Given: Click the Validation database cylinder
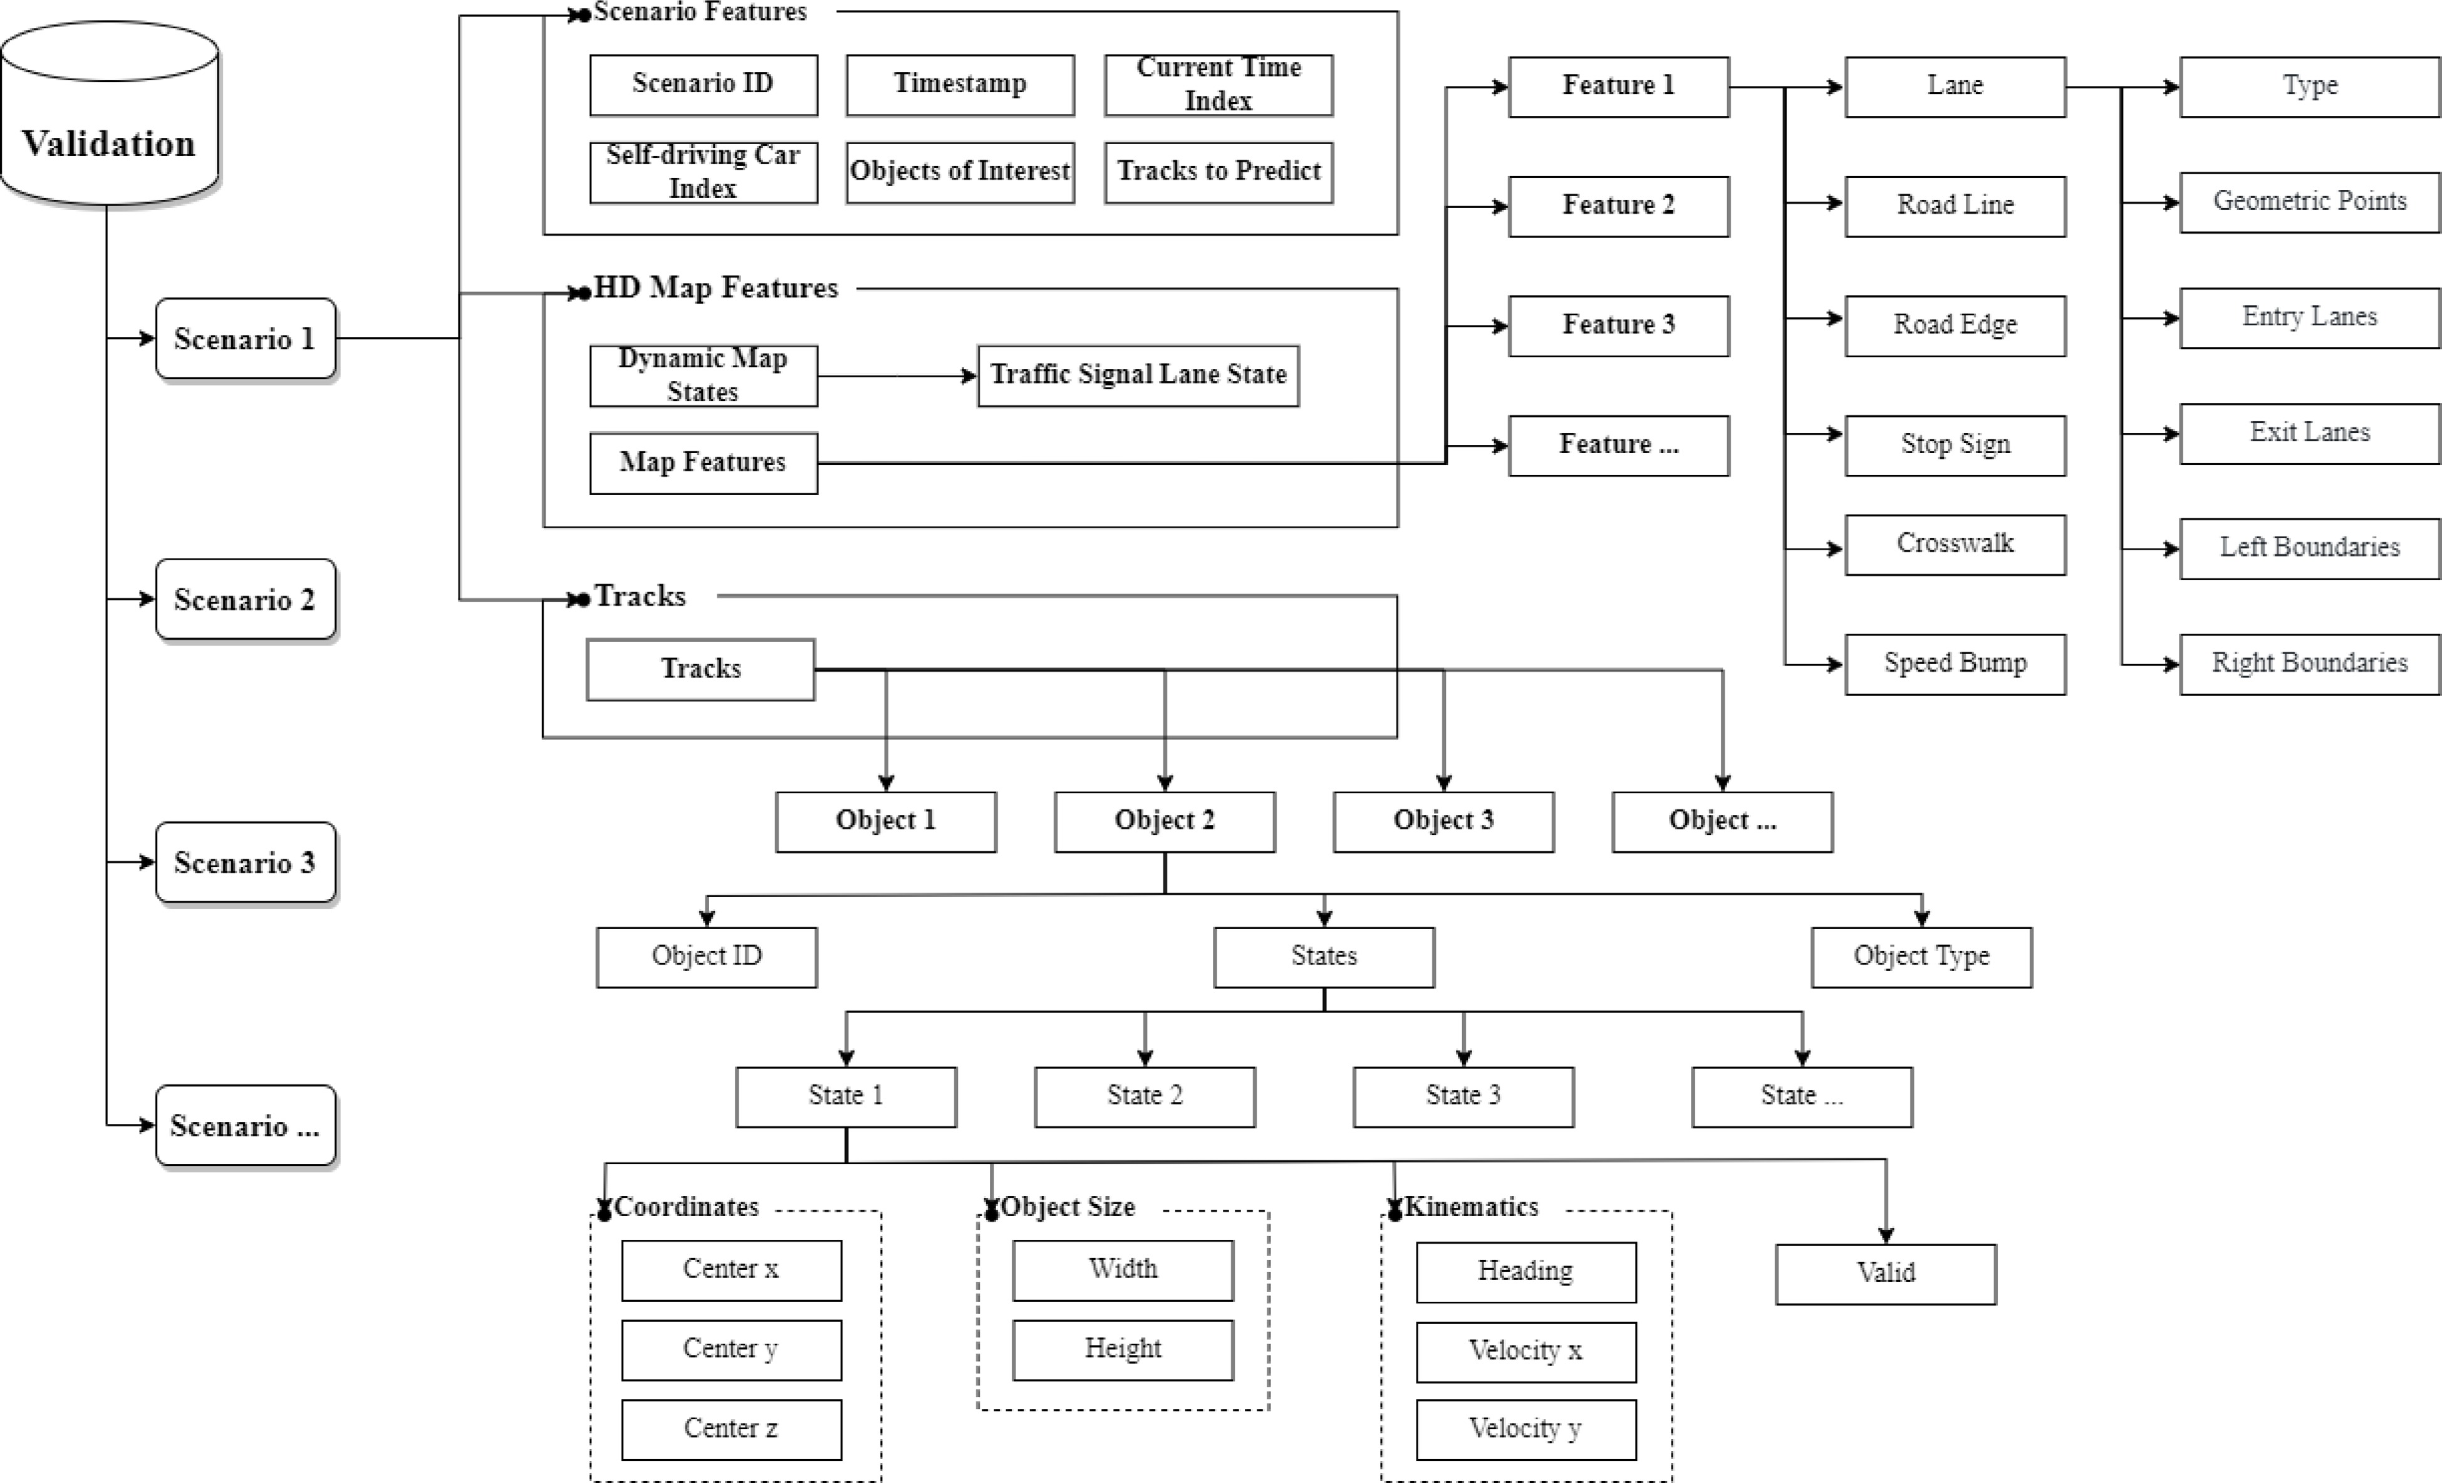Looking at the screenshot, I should [x=109, y=114].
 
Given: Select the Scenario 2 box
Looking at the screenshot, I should [x=245, y=600].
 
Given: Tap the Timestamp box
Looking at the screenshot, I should [x=959, y=84].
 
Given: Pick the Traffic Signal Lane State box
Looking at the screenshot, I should [x=1138, y=375].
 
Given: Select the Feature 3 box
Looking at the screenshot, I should [x=1618, y=325].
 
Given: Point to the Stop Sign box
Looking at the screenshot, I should [x=1955, y=445].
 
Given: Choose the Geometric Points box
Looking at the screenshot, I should [x=2309, y=202].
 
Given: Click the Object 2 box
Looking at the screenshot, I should [x=1165, y=821].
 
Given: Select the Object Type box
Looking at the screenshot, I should [x=1921, y=956].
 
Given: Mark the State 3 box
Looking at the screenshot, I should [x=1463, y=1096].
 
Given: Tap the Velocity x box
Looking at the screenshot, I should [x=1525, y=1351].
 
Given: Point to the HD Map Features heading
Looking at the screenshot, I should [x=715, y=288].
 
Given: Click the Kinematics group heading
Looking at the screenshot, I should [x=1471, y=1207].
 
